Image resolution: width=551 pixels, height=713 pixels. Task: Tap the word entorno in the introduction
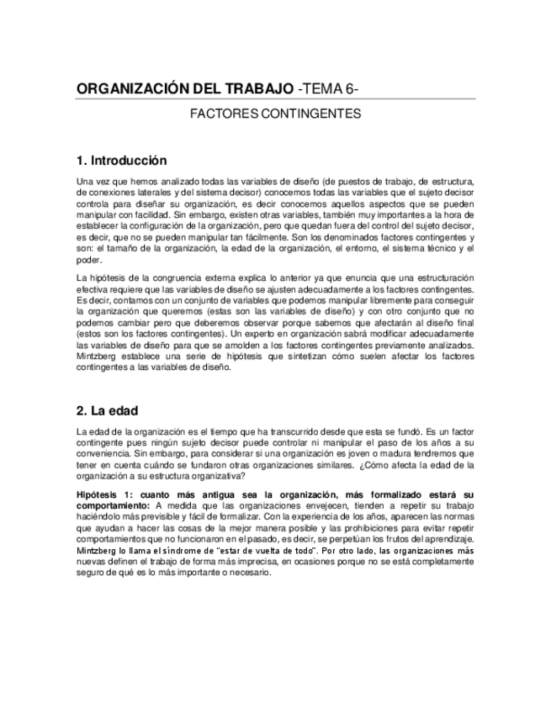tap(352, 249)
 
